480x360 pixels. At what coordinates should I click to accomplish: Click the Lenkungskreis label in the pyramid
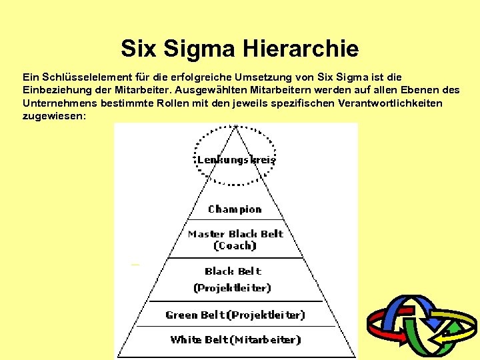236,160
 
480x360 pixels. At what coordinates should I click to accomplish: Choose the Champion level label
235,209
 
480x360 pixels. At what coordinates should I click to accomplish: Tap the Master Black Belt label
235,234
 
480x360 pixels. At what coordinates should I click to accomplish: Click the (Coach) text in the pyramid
235,246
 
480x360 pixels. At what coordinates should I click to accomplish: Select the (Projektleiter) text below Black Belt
232,288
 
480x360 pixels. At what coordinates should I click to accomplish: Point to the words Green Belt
195,315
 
